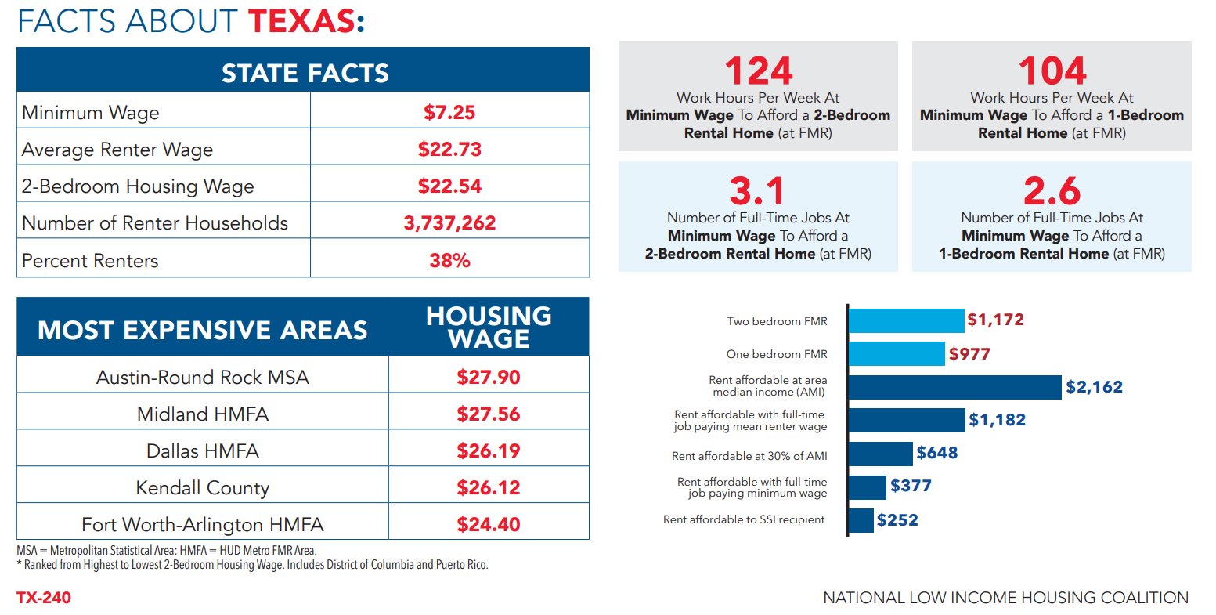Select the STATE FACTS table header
coord(304,73)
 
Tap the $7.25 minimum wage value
coord(449,112)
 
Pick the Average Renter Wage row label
coord(117,150)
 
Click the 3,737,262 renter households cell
coord(449,223)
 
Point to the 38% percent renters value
coord(449,261)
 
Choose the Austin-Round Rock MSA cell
coord(202,378)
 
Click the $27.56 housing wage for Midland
coord(489,414)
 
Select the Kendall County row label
coord(202,488)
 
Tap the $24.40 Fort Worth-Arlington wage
coord(489,525)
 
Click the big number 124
coord(758,71)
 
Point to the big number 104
coord(1052,71)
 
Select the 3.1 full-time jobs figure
coord(756,191)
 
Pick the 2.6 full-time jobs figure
coord(1052,191)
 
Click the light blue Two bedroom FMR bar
coord(906,320)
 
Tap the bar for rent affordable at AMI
coord(954,387)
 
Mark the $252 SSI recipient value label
coord(897,520)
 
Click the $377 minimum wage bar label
coord(911,486)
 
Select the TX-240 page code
coord(44,598)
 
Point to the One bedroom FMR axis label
coord(776,354)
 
